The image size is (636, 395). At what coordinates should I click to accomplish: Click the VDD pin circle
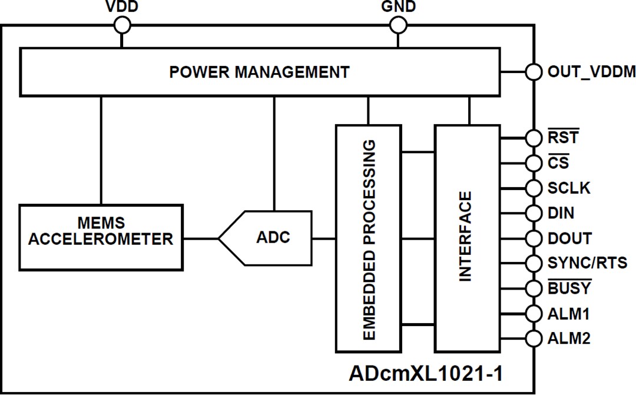tap(122, 25)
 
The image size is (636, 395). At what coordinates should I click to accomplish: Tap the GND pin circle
tap(399, 25)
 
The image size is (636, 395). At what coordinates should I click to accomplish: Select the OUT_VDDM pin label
tap(591, 72)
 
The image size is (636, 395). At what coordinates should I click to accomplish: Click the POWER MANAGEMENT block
tap(259, 72)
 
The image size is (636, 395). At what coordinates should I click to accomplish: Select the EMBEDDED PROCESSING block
tap(369, 239)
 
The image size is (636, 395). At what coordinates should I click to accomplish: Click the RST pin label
tap(563, 138)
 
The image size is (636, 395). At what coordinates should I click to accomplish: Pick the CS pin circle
tap(534, 162)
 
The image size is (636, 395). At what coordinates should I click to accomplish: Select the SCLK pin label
tap(568, 188)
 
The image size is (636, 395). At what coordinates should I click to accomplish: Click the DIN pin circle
tap(534, 213)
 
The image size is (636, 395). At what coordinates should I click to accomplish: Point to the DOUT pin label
tap(569, 238)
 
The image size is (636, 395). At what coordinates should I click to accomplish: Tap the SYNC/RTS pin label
tap(587, 263)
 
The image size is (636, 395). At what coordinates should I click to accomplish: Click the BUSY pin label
tap(569, 288)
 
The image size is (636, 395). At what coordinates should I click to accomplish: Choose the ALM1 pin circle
tap(534, 314)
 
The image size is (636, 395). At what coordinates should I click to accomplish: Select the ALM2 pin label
tap(568, 339)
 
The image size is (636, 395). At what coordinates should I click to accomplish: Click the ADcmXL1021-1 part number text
tap(427, 374)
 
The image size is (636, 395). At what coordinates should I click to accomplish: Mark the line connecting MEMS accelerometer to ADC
tap(200, 238)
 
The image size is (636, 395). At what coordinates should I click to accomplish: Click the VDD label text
tap(122, 6)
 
